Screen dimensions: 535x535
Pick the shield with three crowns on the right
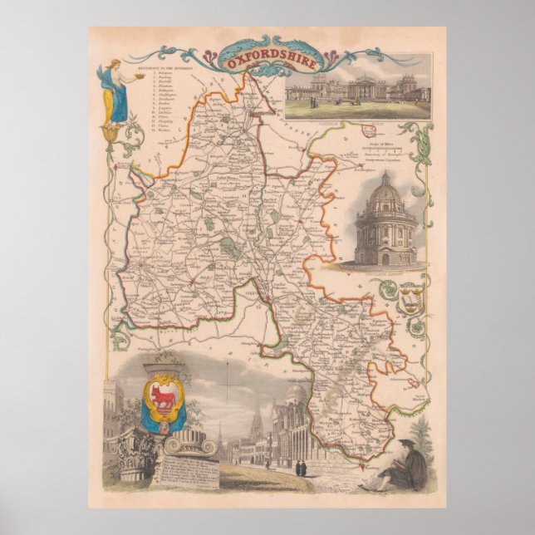406,300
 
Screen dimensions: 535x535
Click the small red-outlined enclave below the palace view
367,131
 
